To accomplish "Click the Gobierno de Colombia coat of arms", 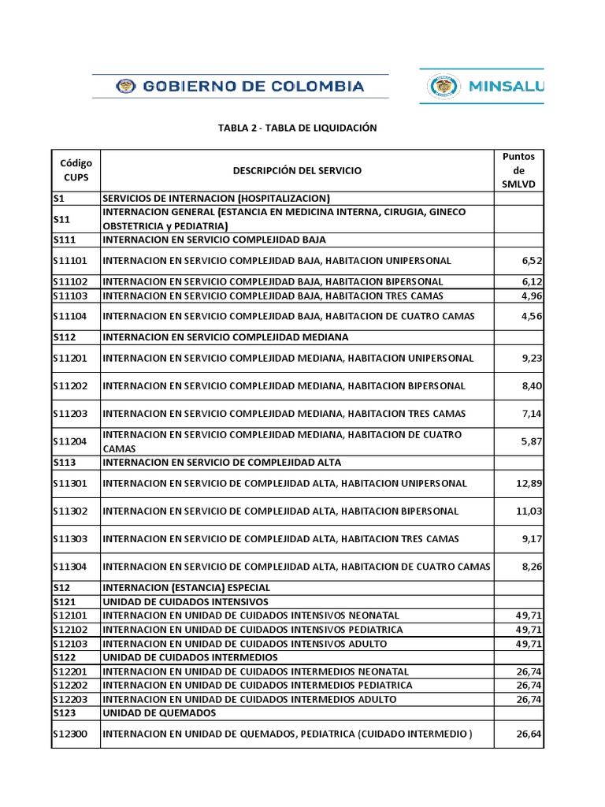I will tap(124, 86).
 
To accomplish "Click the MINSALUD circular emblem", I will tap(445, 87).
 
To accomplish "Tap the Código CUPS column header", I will tap(76, 170).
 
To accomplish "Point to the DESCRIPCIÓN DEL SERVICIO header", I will tap(298, 170).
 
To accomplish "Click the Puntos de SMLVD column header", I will tap(518, 170).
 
